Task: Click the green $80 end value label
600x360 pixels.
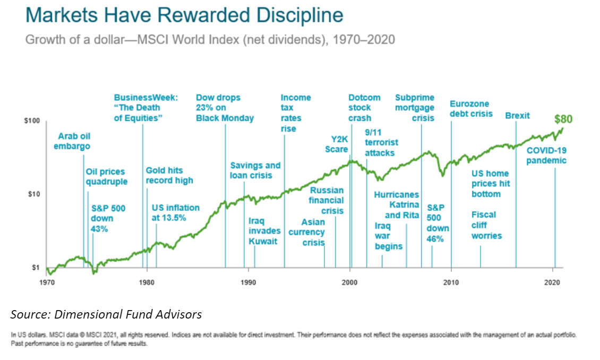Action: pyautogui.click(x=563, y=119)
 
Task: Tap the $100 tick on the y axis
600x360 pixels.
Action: pyautogui.click(x=32, y=121)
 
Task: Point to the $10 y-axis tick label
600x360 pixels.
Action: pyautogui.click(x=34, y=194)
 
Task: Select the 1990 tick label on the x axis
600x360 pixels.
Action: pyautogui.click(x=248, y=282)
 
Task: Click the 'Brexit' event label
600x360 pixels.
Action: pyautogui.click(x=517, y=115)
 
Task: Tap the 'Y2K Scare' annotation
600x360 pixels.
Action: pyautogui.click(x=337, y=144)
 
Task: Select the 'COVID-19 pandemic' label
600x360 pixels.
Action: pyautogui.click(x=546, y=156)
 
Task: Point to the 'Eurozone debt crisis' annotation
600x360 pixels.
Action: pyautogui.click(x=471, y=109)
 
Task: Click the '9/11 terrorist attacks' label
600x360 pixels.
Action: pyautogui.click(x=381, y=142)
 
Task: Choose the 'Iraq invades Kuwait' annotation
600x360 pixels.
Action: pyautogui.click(x=264, y=231)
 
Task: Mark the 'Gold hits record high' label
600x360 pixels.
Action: pyautogui.click(x=169, y=175)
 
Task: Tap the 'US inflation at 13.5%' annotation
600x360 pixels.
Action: pyautogui.click(x=176, y=213)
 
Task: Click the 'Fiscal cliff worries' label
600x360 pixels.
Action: pyautogui.click(x=486, y=225)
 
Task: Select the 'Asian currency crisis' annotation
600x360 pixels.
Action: pyautogui.click(x=307, y=232)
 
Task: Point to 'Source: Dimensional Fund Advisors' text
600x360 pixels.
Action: pyautogui.click(x=106, y=314)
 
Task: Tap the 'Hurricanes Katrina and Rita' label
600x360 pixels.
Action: pyautogui.click(x=397, y=205)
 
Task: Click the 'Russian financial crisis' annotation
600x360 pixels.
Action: pyautogui.click(x=327, y=200)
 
